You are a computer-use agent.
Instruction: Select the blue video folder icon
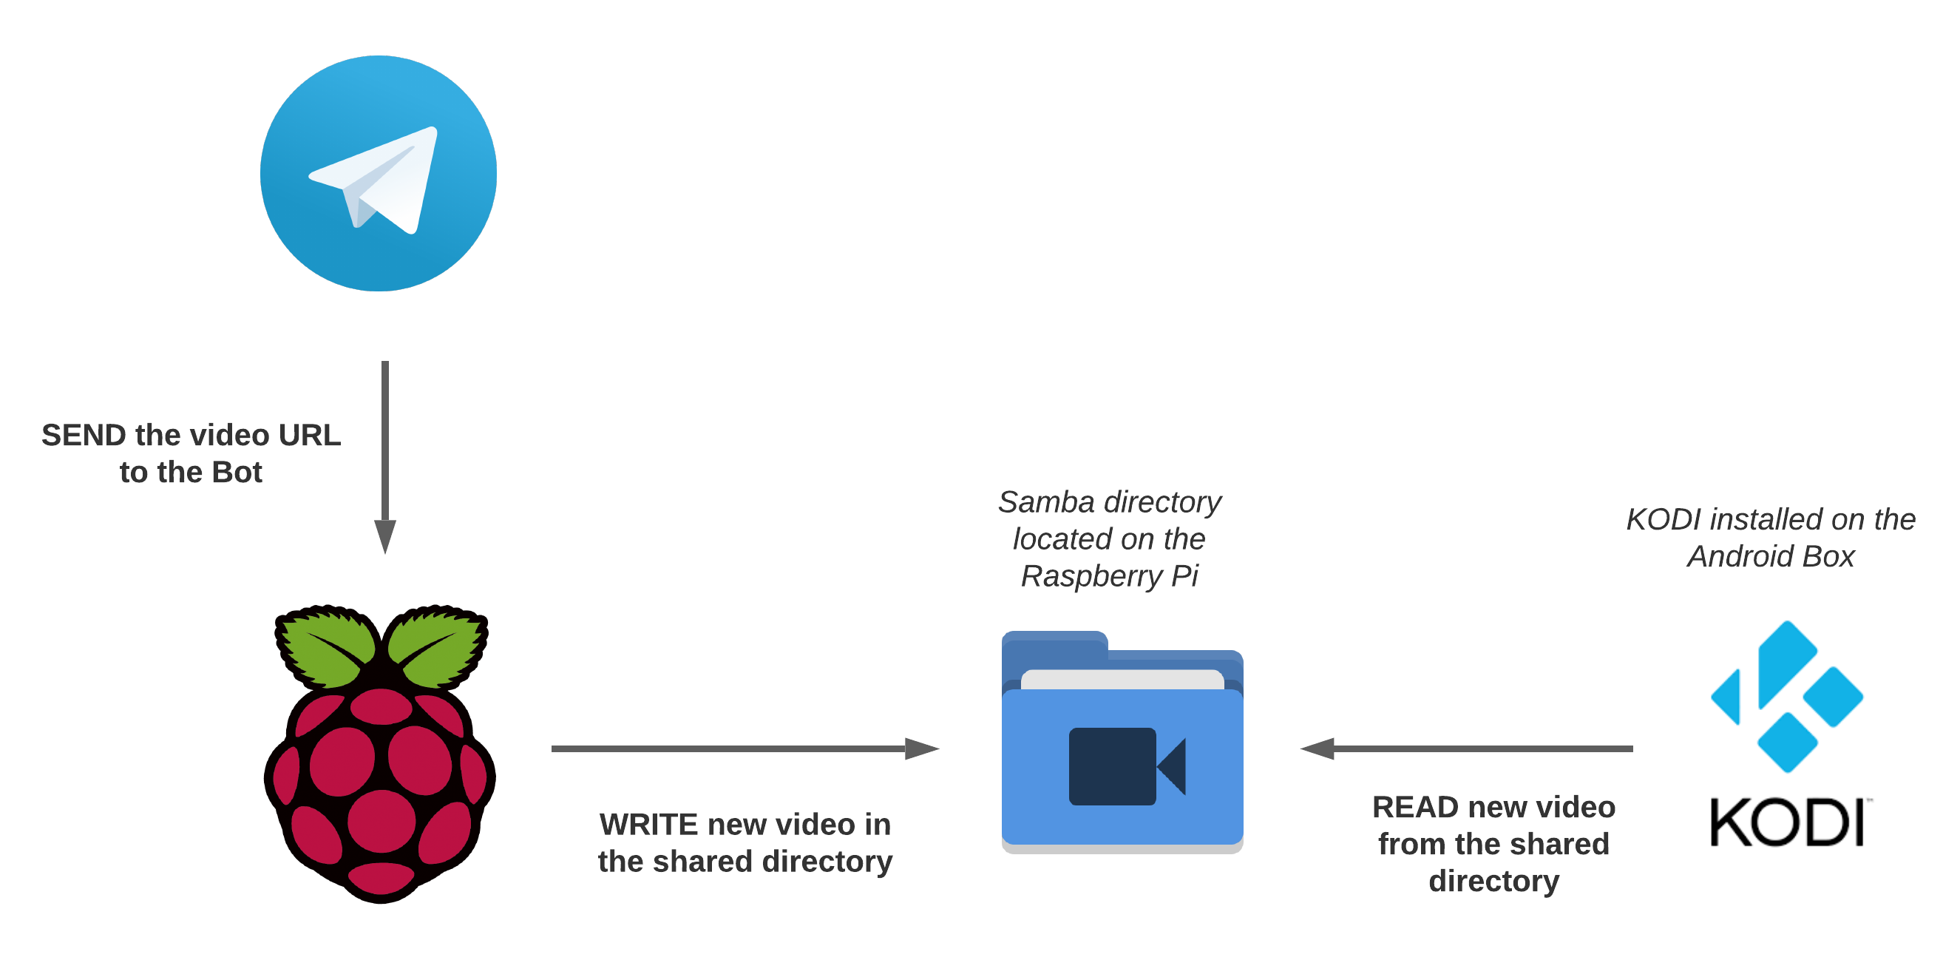point(1122,738)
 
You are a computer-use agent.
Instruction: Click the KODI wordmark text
point(1786,823)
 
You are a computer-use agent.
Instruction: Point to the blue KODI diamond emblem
point(1786,697)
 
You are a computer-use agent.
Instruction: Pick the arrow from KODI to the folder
point(1468,749)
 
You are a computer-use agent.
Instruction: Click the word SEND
point(83,436)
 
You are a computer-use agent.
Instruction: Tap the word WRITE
point(648,825)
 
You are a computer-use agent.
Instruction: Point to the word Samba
point(1046,502)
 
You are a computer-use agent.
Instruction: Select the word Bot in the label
point(237,473)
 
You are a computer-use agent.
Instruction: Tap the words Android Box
point(1771,556)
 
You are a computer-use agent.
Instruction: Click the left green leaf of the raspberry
point(329,647)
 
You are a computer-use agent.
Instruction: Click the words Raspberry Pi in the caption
point(1109,576)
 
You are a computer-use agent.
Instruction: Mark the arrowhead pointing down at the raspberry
point(385,538)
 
